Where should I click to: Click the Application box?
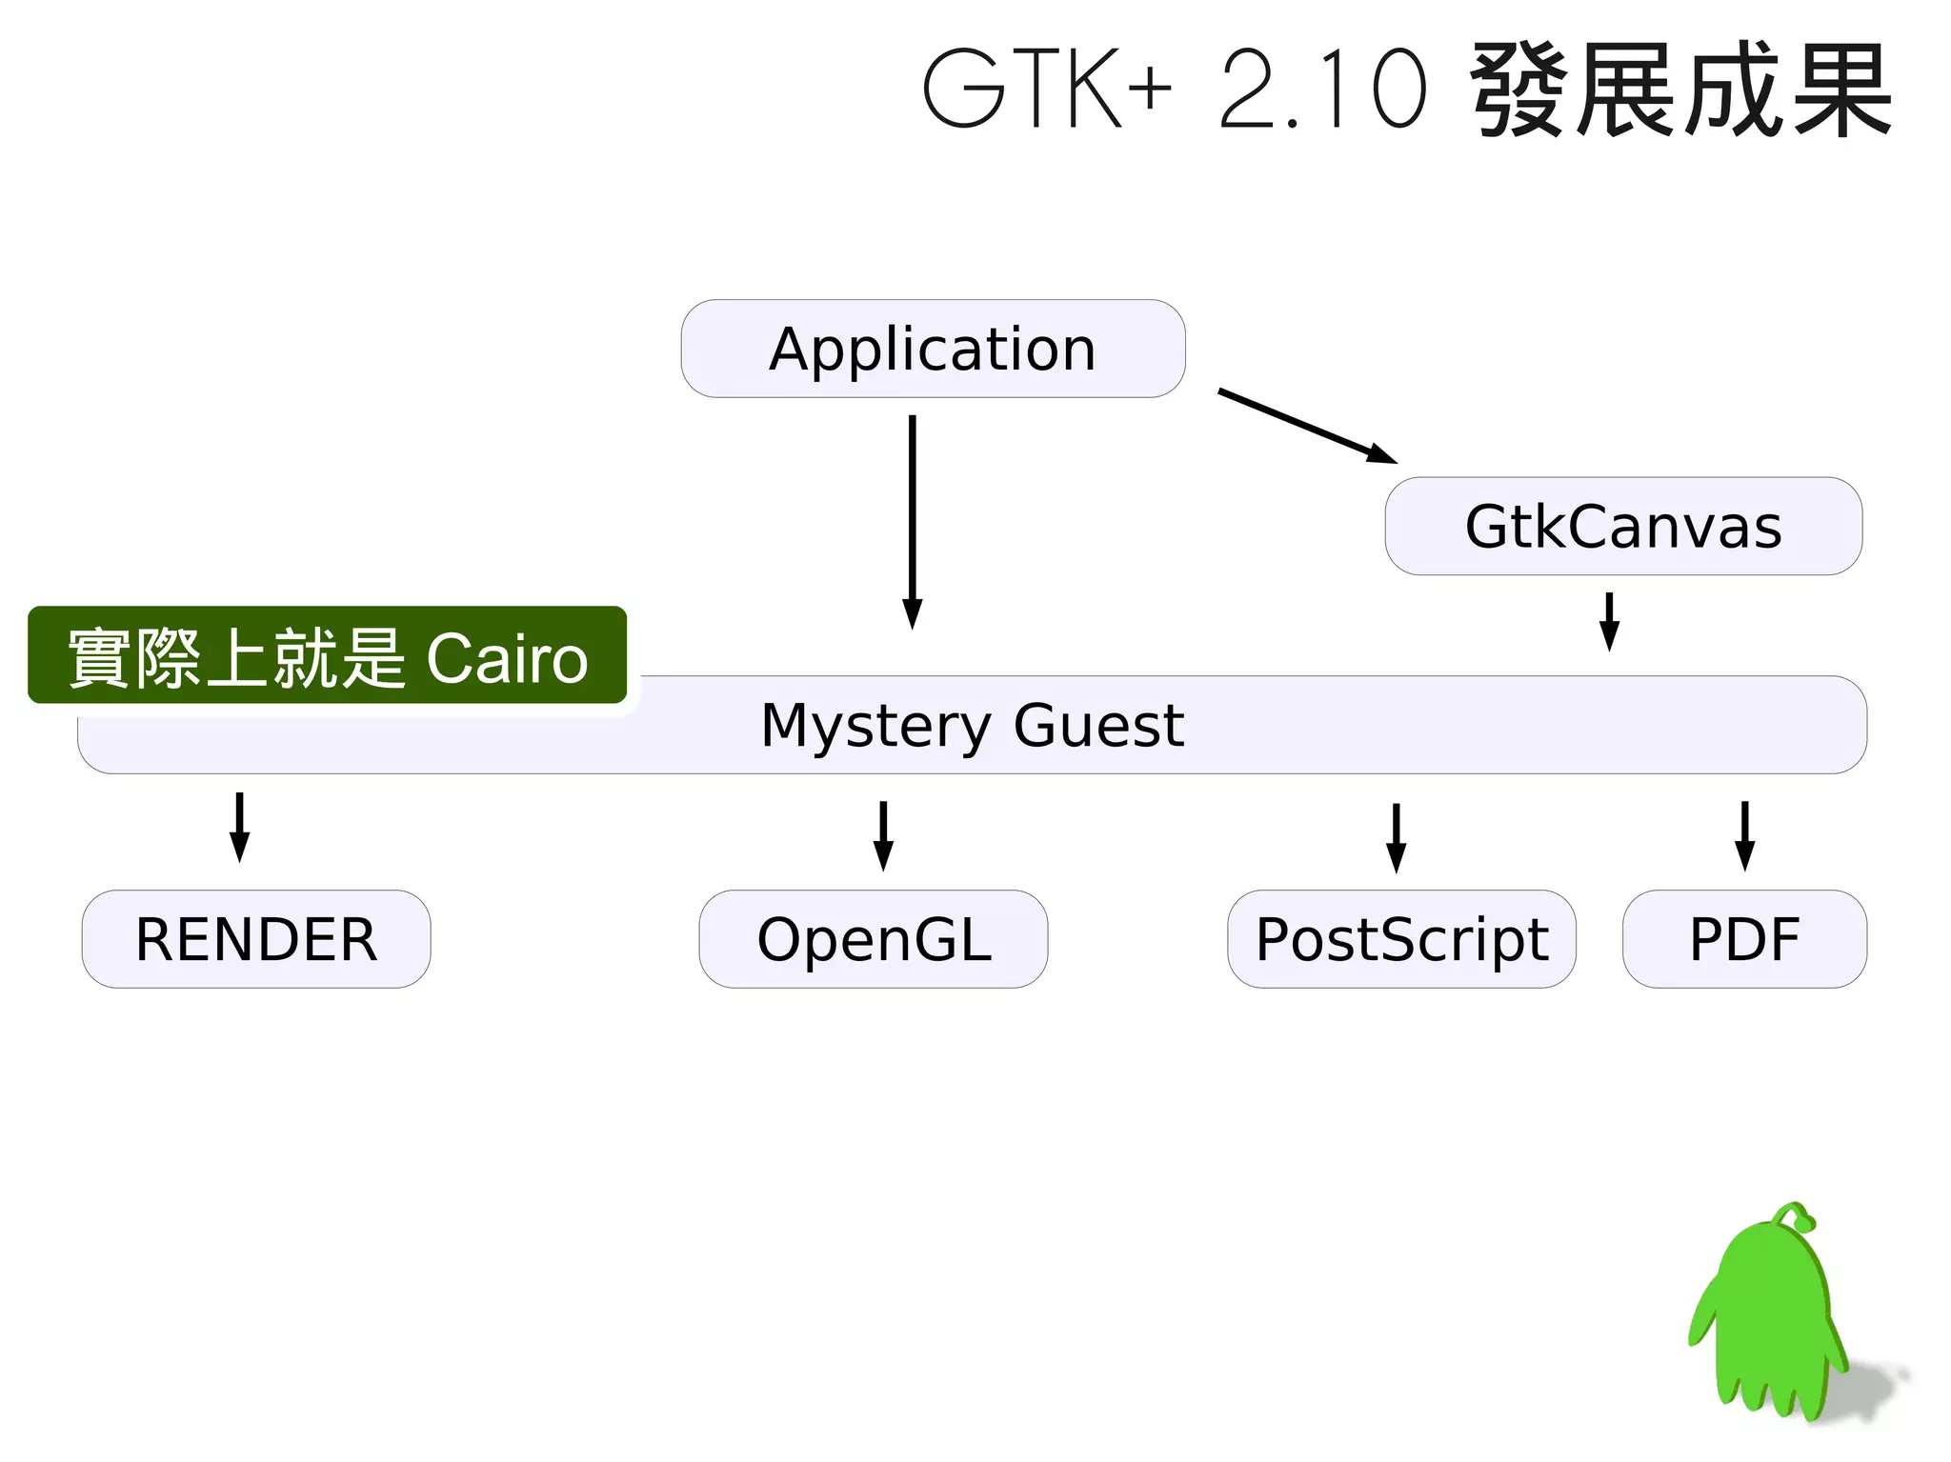click(x=933, y=349)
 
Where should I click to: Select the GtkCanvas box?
click(x=1622, y=526)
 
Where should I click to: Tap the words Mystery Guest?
click(x=972, y=725)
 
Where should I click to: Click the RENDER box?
click(x=255, y=939)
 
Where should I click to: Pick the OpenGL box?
click(x=873, y=939)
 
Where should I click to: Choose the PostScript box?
click(x=1401, y=939)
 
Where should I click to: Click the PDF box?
click(x=1744, y=939)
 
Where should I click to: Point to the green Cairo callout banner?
click(x=327, y=655)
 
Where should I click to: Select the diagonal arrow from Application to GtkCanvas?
click(x=1307, y=426)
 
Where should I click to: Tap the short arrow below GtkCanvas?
click(x=1609, y=621)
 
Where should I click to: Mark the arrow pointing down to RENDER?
click(x=240, y=826)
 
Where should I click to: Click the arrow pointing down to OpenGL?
click(x=883, y=834)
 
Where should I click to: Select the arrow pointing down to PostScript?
click(x=1396, y=836)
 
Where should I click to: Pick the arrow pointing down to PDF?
click(x=1744, y=834)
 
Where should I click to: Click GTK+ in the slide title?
click(x=1046, y=89)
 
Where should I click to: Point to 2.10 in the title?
click(x=1324, y=89)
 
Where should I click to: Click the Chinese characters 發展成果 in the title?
click(x=1681, y=89)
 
